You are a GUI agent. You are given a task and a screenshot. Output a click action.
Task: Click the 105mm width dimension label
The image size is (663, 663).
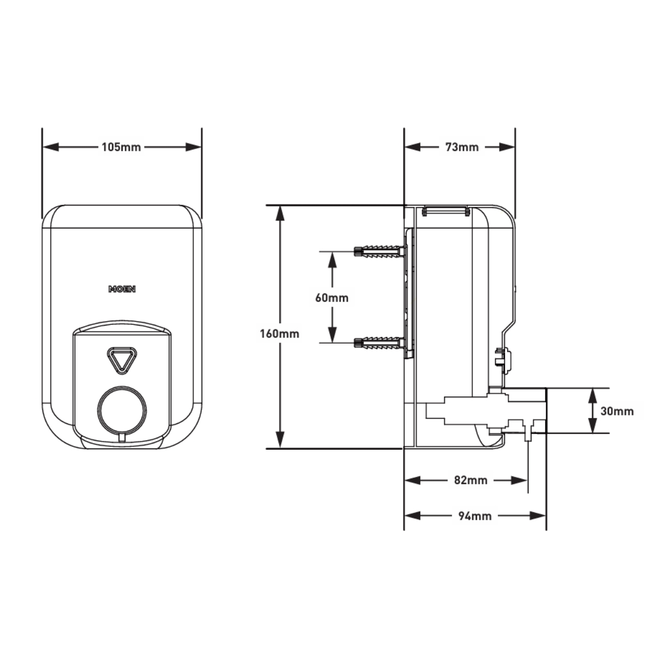[121, 148]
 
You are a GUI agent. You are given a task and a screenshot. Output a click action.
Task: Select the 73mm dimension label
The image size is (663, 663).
[461, 148]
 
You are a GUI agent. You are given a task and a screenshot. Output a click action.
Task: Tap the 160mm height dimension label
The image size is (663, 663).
[280, 334]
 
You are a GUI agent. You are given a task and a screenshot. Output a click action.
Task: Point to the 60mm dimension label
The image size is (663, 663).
[331, 298]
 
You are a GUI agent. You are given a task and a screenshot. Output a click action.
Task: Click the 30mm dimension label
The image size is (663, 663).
[617, 411]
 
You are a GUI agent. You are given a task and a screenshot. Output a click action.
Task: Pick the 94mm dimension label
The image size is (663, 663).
[475, 516]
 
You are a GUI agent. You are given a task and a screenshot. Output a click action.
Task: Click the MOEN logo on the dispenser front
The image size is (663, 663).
[122, 289]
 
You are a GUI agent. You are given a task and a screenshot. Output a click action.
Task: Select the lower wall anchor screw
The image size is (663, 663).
[378, 343]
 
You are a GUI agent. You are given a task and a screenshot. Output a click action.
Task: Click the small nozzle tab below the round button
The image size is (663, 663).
[122, 438]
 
